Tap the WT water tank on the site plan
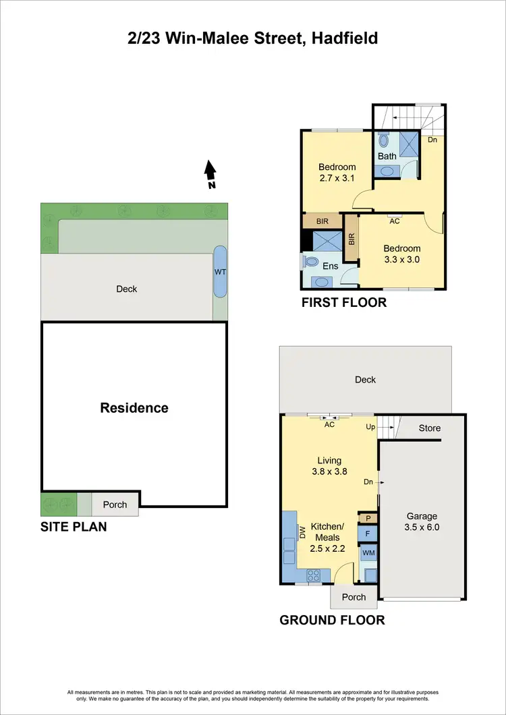(x=220, y=272)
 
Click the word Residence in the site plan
(x=134, y=407)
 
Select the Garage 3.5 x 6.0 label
(x=423, y=522)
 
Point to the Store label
(x=430, y=428)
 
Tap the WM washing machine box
(x=368, y=553)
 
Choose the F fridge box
(x=368, y=534)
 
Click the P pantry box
(x=368, y=517)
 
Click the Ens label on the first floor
(x=330, y=266)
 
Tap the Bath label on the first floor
(x=387, y=156)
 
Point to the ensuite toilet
(x=311, y=261)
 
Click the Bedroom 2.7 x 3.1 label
(x=337, y=173)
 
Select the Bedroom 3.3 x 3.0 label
(x=401, y=254)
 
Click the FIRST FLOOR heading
(x=344, y=302)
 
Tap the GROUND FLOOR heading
(x=332, y=620)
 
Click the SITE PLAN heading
(x=74, y=526)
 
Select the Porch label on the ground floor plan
(x=354, y=597)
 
